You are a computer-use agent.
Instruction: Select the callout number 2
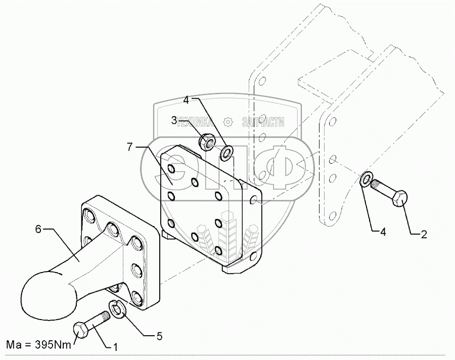(x=424, y=234)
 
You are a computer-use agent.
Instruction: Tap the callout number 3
(x=173, y=120)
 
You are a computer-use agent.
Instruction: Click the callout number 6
(x=38, y=230)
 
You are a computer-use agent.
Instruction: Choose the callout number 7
(x=129, y=147)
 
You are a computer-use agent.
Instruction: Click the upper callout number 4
(x=186, y=100)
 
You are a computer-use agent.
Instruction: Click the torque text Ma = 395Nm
(x=39, y=346)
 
